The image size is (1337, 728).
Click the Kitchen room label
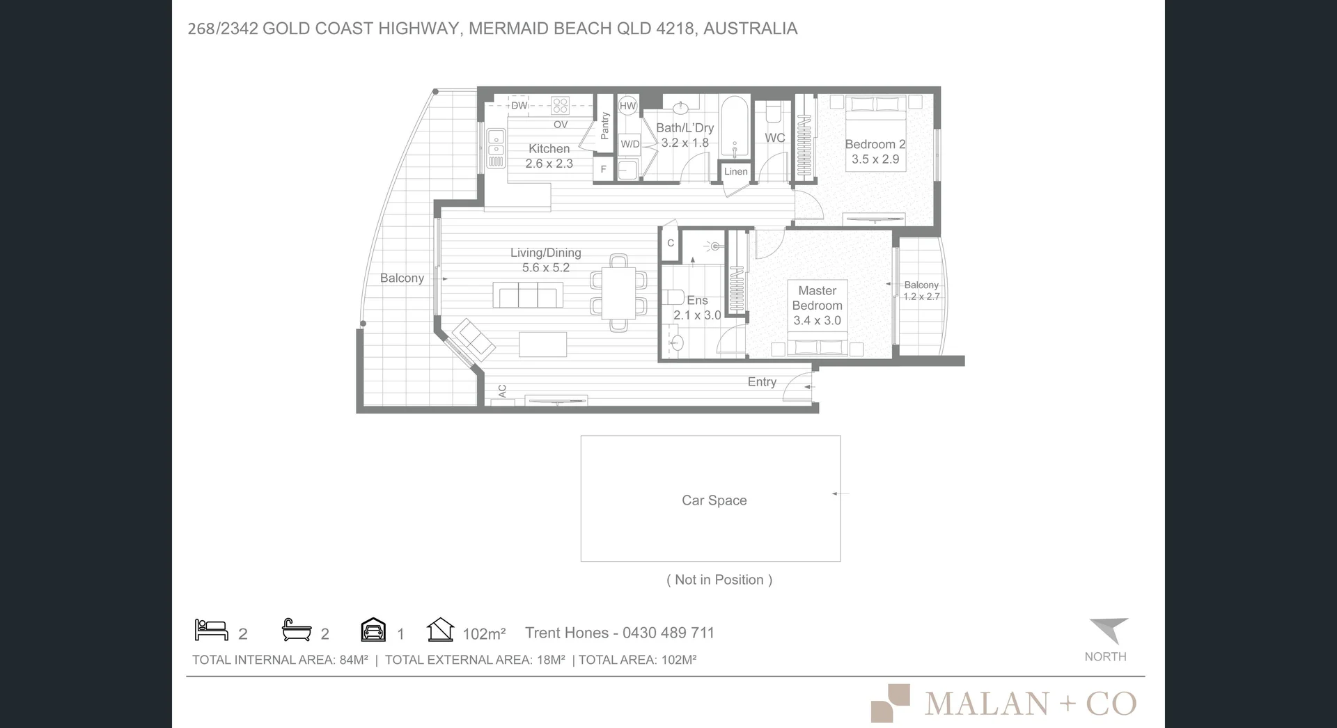(549, 148)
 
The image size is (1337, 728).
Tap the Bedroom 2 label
(875, 144)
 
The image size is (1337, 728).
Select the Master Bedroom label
(818, 298)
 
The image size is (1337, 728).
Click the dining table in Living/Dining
(619, 292)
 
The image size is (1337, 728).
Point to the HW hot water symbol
(627, 106)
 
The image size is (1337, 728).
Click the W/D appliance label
(630, 144)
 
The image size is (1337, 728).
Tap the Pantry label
(604, 126)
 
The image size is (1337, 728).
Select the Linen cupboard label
(736, 171)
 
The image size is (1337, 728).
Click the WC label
(775, 138)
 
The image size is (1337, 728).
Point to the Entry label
(762, 381)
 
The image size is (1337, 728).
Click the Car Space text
(714, 500)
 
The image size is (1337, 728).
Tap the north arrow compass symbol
(1109, 631)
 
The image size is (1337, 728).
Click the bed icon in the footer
(212, 630)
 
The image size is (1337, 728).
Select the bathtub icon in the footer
(297, 630)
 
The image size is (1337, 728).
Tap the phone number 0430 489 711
(668, 633)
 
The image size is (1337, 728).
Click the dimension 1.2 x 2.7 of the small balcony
(921, 296)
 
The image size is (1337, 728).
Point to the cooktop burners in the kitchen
(561, 106)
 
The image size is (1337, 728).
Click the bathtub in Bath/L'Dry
(734, 127)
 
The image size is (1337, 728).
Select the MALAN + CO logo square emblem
(891, 703)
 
